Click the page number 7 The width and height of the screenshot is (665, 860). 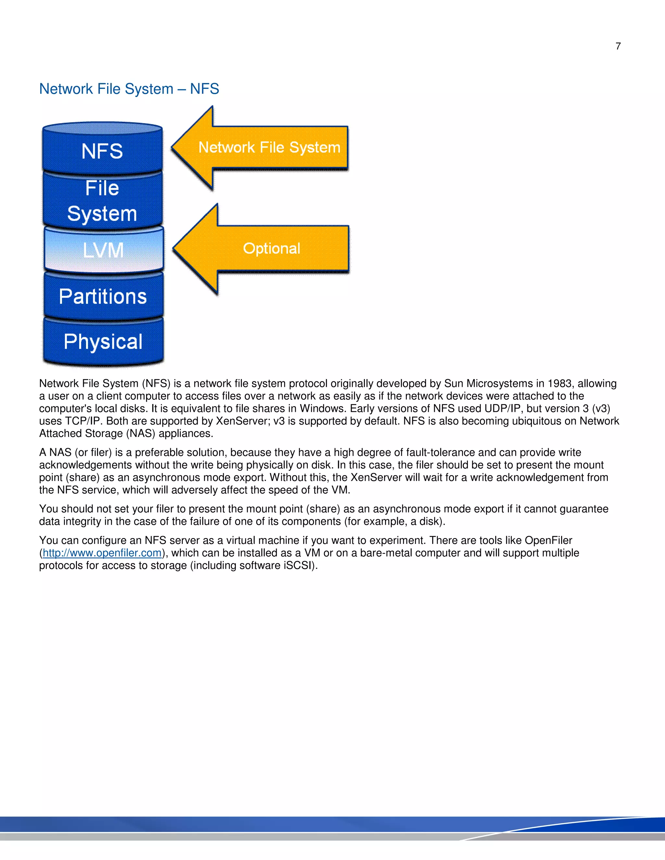click(618, 46)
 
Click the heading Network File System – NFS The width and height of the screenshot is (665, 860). click(129, 89)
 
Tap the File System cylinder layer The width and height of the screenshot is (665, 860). click(102, 201)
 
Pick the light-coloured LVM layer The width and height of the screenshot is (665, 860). click(104, 250)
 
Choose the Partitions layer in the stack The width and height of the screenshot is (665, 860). click(103, 296)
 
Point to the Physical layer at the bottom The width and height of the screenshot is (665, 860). click(103, 341)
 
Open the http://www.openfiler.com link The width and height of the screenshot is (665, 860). click(102, 553)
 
